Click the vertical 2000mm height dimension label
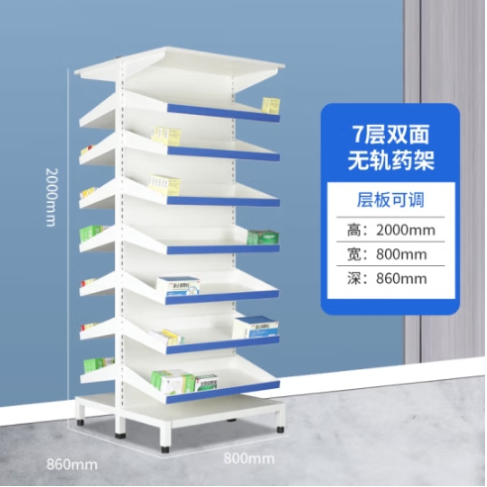pos(51,197)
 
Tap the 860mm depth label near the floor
pos(72,464)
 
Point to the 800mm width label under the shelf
pos(249,458)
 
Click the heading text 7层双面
pos(391,135)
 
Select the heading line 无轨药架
pos(391,161)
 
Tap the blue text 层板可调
pos(391,200)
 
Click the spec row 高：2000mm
pos(391,230)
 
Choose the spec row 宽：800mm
pos(387,254)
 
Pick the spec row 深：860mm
pos(387,279)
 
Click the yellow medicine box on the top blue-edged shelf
pos(271,106)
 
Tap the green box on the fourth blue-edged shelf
pos(263,238)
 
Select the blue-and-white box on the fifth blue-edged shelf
pos(178,286)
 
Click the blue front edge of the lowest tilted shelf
pos(223,392)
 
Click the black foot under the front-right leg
pos(165,449)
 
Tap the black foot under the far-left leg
pos(81,423)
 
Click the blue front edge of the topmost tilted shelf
pos(224,113)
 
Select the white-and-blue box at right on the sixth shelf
pos(255,327)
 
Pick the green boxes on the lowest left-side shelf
pos(96,365)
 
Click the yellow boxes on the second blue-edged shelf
pos(166,137)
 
